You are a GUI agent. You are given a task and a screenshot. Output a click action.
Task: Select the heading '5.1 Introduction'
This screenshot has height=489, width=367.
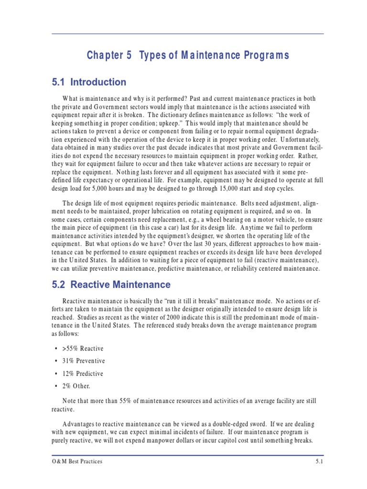pos(89,82)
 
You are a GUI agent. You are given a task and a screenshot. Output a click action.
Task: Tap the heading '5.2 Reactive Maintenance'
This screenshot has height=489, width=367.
pos(111,285)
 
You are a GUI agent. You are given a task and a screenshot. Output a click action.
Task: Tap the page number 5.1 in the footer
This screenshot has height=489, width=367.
pos(319,461)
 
